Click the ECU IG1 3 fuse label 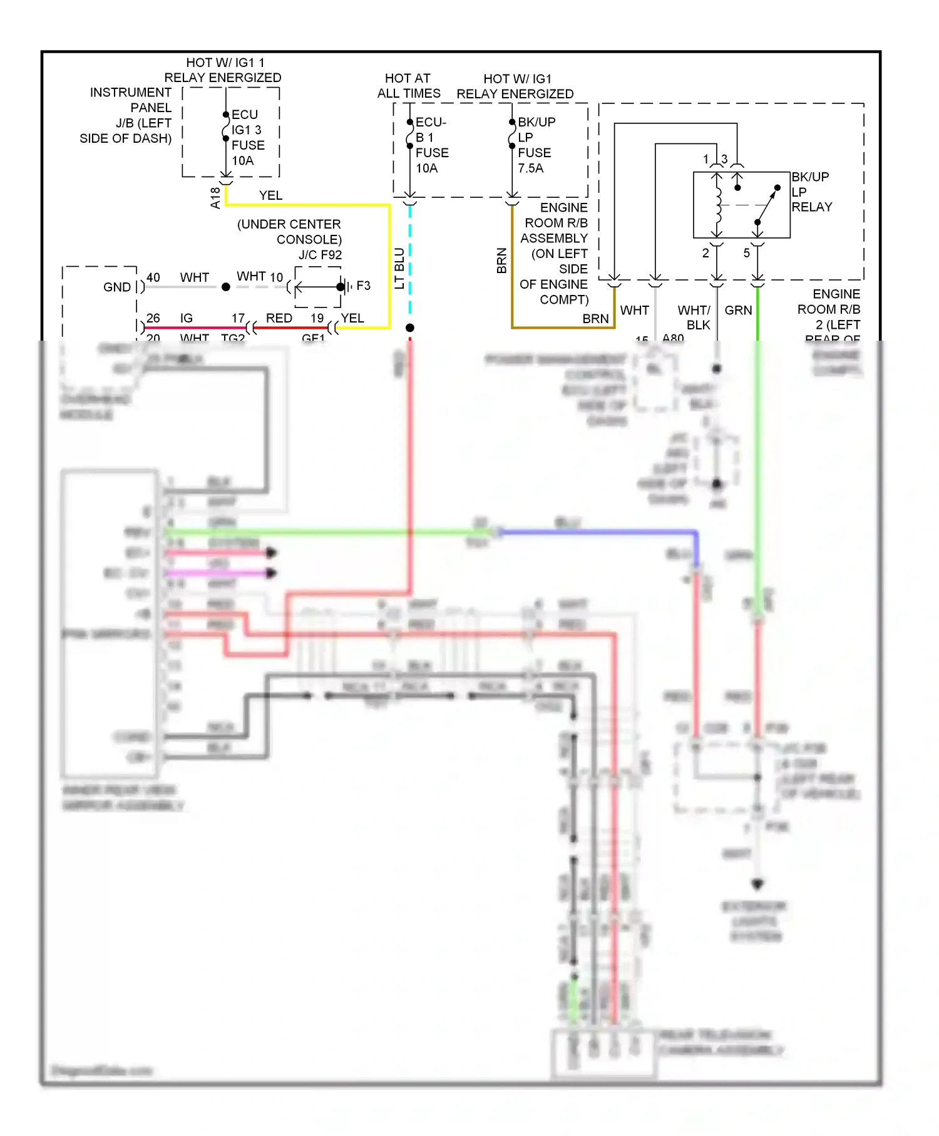click(247, 138)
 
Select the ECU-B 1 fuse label click(431, 145)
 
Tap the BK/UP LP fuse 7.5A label click(535, 145)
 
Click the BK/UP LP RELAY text click(812, 192)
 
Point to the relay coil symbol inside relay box click(717, 205)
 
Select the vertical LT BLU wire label click(399, 268)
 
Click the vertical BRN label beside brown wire click(501, 261)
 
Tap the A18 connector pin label click(215, 197)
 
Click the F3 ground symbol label click(363, 286)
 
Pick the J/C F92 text click(320, 255)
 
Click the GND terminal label click(117, 287)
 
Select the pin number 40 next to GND click(153, 277)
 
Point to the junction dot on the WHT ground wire click(226, 287)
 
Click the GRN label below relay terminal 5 click(738, 310)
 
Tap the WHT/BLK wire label click(695, 318)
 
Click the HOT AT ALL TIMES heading click(408, 86)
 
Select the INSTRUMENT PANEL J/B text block click(128, 115)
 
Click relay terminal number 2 click(705, 253)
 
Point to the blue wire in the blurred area click(595, 533)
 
